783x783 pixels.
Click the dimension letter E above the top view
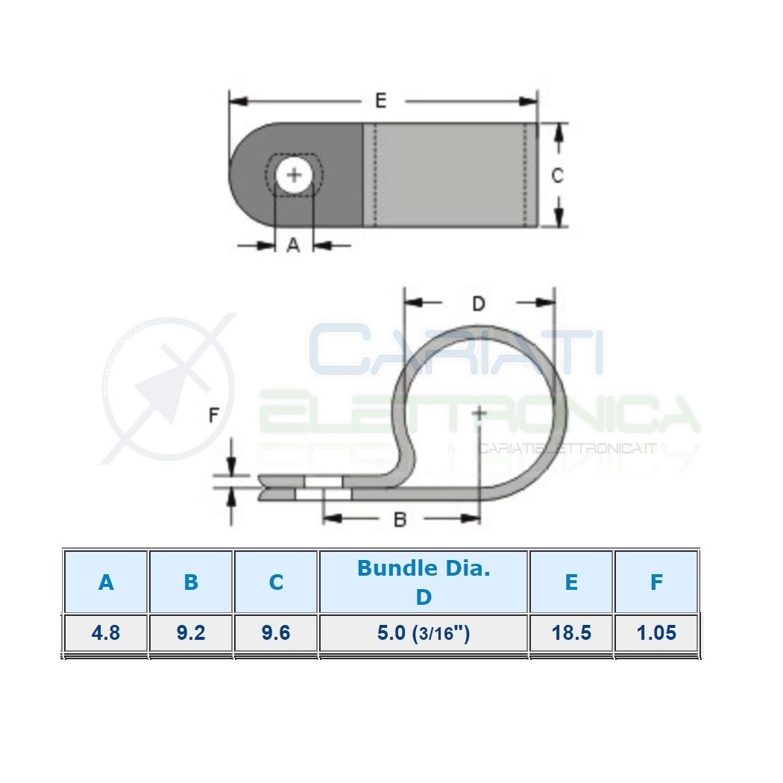point(380,101)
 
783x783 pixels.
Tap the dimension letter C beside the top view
point(557,175)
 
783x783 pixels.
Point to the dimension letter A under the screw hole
point(294,245)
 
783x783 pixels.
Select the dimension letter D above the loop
point(479,303)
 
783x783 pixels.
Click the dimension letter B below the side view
point(400,520)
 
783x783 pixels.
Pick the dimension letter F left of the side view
point(214,415)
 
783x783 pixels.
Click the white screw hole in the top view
point(294,174)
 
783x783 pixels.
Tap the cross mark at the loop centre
point(479,413)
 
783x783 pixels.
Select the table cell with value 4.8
point(106,632)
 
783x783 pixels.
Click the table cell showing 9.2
point(191,632)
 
